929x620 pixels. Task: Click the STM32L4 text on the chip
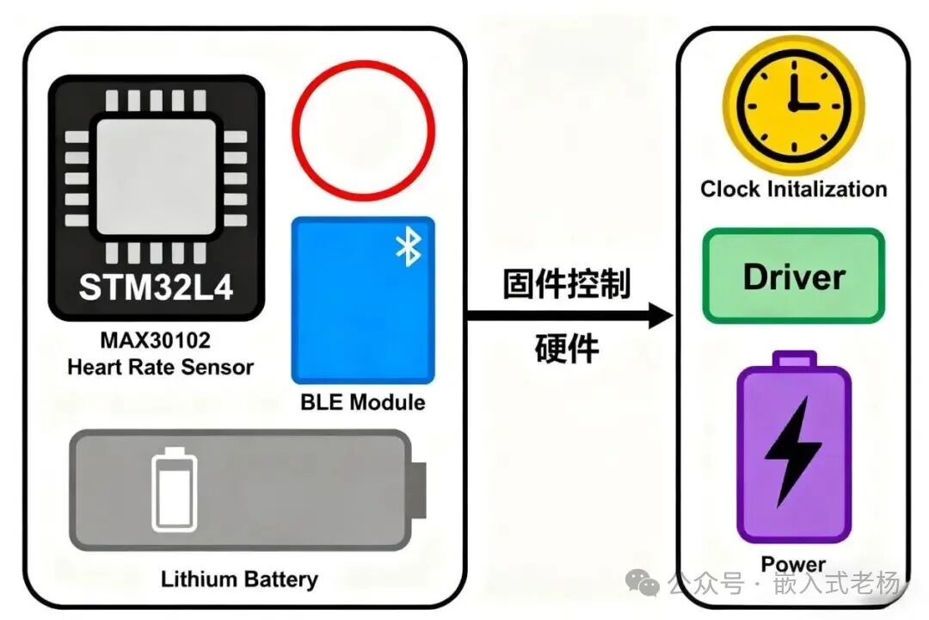(x=156, y=287)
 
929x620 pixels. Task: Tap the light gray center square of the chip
(x=156, y=177)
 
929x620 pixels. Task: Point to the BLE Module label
(x=363, y=402)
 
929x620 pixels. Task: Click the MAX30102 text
(x=155, y=340)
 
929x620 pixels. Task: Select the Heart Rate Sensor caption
(x=160, y=367)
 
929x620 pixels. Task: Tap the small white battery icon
(x=174, y=489)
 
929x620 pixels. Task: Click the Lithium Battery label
(x=239, y=579)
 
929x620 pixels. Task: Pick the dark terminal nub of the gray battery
(x=417, y=490)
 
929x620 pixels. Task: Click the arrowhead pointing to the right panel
(x=661, y=315)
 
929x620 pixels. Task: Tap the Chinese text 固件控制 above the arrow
(x=566, y=283)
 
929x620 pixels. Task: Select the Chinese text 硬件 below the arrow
(x=566, y=348)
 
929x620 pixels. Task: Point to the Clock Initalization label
(x=793, y=189)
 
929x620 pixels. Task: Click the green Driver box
(x=793, y=276)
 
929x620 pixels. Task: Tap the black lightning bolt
(x=793, y=452)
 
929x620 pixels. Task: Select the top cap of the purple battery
(x=795, y=359)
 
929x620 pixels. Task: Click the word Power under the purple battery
(x=793, y=564)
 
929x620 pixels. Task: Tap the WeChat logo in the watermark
(x=643, y=583)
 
